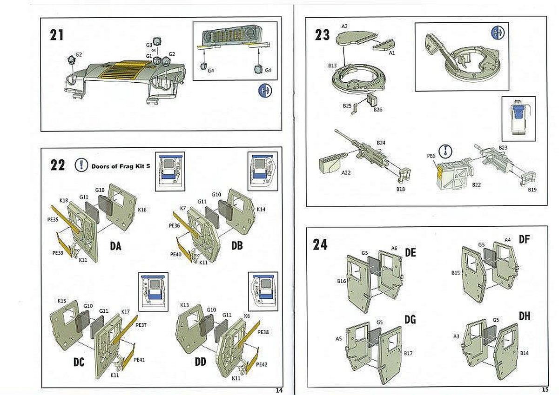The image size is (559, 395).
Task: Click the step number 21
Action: [x=57, y=35]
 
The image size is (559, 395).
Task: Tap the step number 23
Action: [x=322, y=35]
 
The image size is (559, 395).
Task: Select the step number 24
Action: [x=320, y=244]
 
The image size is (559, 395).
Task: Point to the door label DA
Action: [x=115, y=246]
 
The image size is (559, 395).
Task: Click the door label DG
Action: [x=410, y=320]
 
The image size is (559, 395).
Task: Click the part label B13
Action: [x=332, y=66]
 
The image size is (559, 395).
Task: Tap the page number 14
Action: [x=279, y=390]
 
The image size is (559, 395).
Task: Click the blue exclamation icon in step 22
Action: [x=82, y=165]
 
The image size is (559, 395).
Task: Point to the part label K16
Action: [x=142, y=210]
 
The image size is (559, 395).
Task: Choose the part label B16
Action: [x=341, y=281]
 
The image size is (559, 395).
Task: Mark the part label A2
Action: [x=344, y=26]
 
